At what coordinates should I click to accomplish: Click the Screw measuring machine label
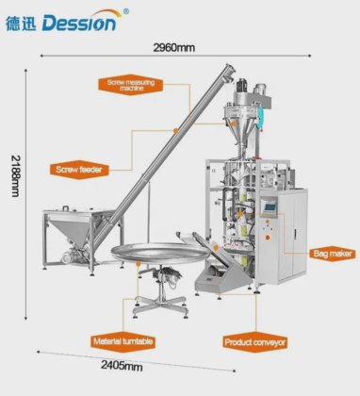144,86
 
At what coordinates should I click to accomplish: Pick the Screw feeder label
80,169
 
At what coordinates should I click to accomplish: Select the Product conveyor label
254,341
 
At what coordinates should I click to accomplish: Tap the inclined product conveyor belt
219,267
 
